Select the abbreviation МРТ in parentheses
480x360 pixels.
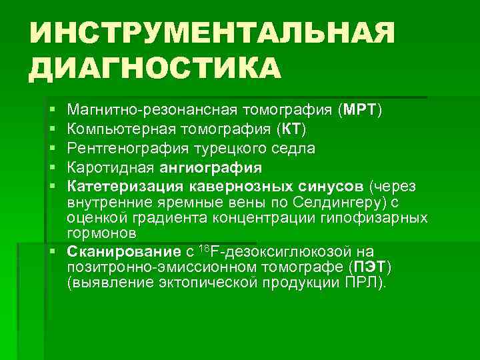tap(361, 109)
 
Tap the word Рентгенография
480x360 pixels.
tap(121, 147)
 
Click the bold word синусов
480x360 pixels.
tap(330, 185)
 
